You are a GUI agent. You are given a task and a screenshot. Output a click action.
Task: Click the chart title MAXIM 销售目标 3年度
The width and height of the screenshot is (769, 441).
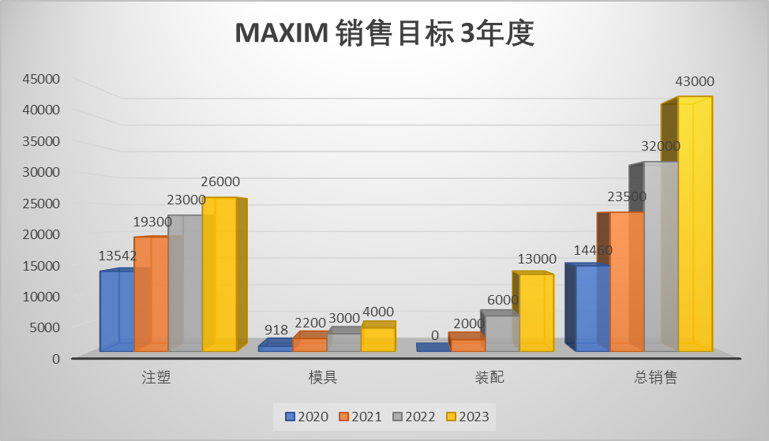(x=384, y=34)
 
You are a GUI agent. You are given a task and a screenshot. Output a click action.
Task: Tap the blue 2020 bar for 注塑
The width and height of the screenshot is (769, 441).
(x=117, y=311)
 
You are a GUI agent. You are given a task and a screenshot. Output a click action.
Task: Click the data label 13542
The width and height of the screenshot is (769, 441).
(x=118, y=256)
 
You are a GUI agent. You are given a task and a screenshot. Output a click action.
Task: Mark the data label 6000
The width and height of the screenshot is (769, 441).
(x=503, y=300)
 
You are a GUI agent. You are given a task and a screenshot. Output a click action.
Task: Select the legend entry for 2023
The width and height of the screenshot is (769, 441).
(x=467, y=417)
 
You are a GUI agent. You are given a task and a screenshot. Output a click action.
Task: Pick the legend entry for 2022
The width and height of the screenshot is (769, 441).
(x=414, y=417)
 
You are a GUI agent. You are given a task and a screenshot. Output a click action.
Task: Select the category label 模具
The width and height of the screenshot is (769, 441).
(x=322, y=377)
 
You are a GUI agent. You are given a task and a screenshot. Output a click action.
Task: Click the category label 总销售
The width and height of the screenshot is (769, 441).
(x=655, y=377)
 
